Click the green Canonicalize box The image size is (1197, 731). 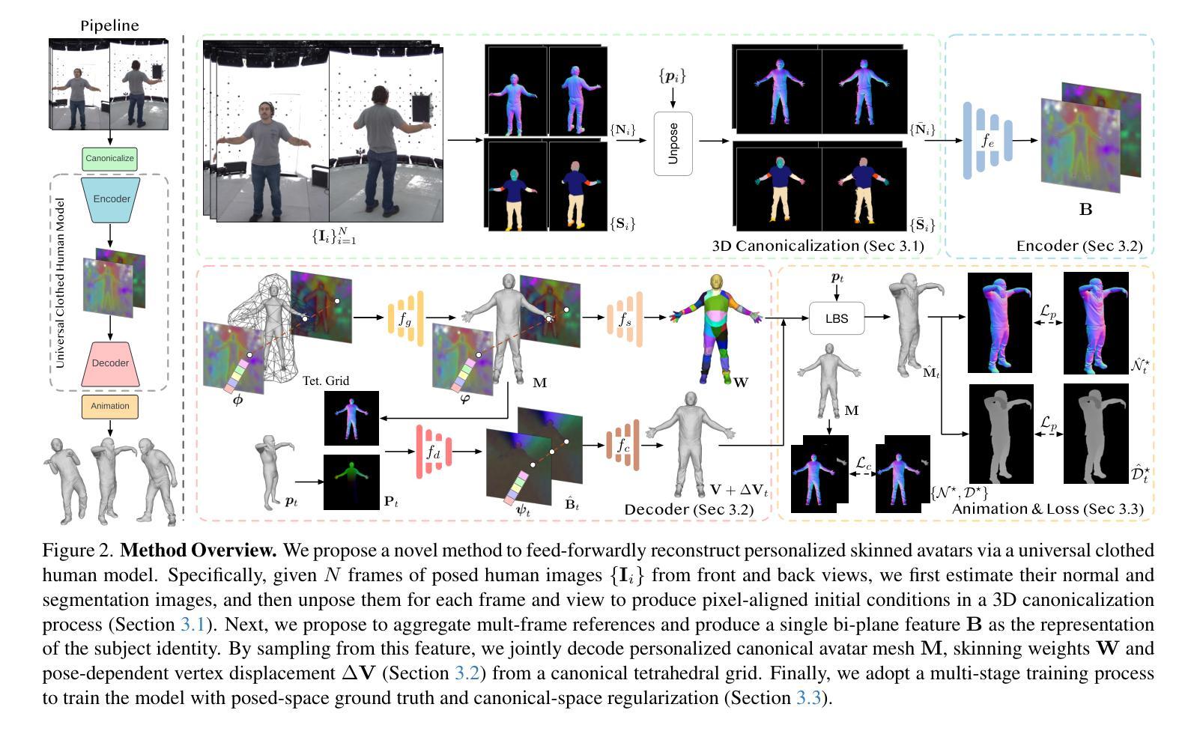point(109,159)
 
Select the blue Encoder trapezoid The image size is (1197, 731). point(110,199)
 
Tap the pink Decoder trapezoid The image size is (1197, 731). point(110,363)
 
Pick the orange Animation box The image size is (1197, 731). point(110,406)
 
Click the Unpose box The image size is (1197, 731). point(673,143)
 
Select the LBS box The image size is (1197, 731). point(837,318)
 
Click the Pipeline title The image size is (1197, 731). point(109,25)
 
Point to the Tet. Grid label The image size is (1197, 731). point(326,380)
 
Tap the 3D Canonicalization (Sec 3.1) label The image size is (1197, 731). point(817,246)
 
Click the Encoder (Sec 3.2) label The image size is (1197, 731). point(1079,246)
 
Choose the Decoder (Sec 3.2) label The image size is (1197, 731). point(688,509)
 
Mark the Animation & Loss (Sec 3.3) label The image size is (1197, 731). point(1047,509)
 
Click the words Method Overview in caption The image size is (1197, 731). point(199,550)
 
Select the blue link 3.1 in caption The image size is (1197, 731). point(191,625)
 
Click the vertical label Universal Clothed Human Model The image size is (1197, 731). point(61,283)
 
